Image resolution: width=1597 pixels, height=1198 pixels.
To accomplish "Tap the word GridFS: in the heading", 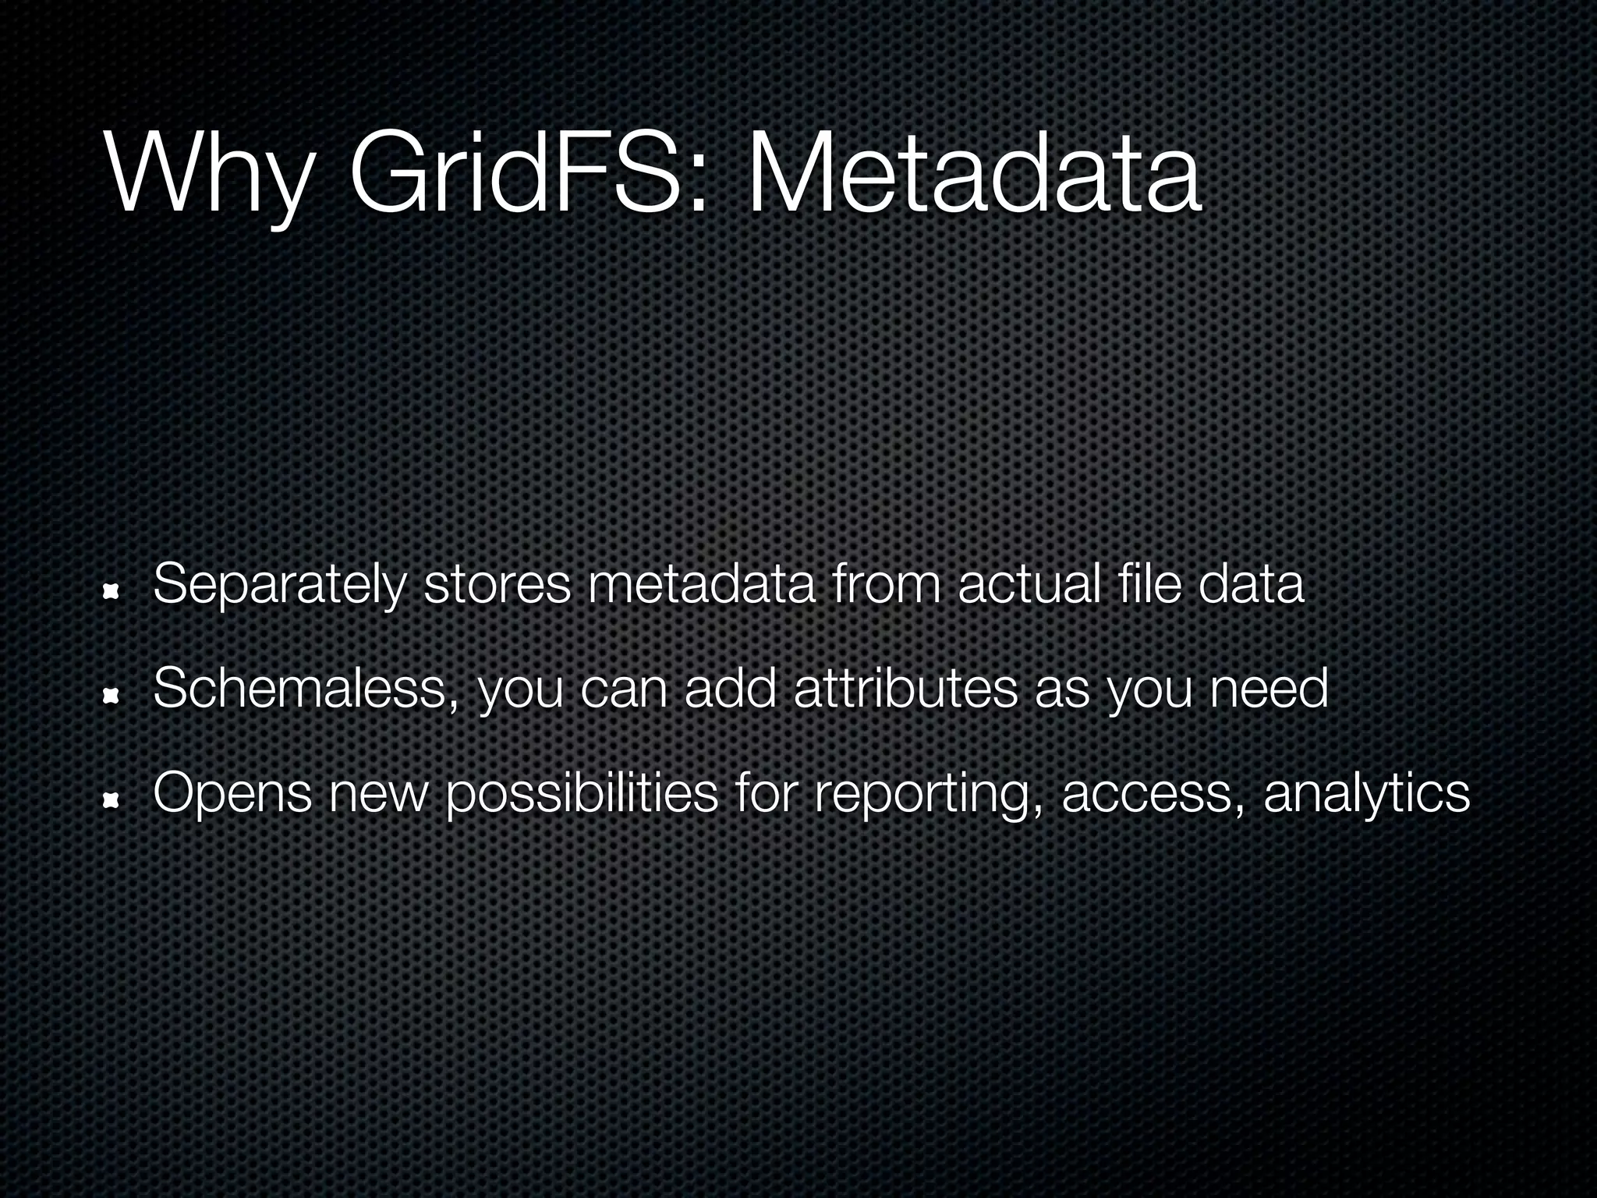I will point(529,173).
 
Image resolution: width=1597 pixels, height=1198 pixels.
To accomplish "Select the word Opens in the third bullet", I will point(232,793).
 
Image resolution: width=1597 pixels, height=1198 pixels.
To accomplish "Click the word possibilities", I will point(582,793).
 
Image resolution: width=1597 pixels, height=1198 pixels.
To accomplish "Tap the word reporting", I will point(927,793).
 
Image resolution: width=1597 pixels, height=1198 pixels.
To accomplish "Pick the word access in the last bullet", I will point(1153,793).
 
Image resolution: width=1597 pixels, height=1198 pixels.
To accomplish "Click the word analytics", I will point(1367,793).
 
